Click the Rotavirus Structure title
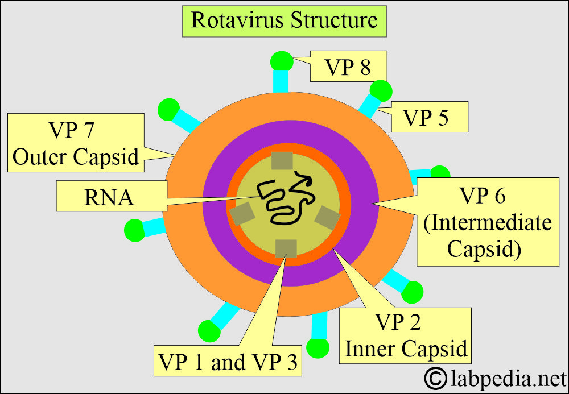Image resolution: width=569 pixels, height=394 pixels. point(284,20)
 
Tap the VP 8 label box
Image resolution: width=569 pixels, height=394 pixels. point(348,67)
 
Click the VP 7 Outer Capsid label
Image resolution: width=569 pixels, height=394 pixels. point(75,143)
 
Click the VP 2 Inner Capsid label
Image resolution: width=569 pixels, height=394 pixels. point(406,336)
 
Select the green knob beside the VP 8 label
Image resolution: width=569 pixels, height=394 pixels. point(281,61)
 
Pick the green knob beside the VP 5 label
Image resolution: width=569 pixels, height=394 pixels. point(381,91)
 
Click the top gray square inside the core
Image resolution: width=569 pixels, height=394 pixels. point(283,161)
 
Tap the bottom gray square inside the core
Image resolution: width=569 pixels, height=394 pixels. point(286,248)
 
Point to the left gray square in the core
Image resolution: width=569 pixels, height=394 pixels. point(242,214)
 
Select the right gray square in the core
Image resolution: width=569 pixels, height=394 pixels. point(327,217)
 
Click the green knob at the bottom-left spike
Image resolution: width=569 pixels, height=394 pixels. point(209,330)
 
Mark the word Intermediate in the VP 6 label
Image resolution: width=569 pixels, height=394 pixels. point(488,222)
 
